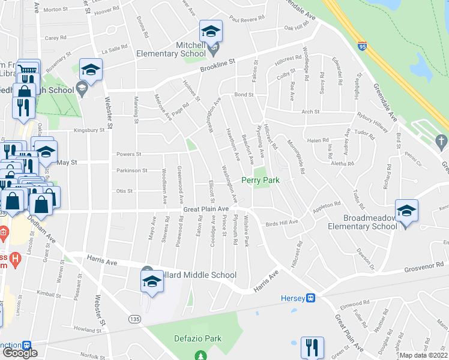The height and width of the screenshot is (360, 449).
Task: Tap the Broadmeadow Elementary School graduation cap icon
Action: (x=406, y=211)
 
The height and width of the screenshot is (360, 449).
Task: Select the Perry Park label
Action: (x=261, y=180)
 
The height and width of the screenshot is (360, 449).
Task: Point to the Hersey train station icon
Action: (x=311, y=298)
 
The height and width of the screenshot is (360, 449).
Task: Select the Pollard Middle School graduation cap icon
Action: (x=152, y=281)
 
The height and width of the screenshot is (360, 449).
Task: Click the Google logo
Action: (x=20, y=353)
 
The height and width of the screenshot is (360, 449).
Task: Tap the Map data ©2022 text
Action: (x=424, y=355)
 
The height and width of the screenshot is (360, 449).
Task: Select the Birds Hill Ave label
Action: (x=282, y=223)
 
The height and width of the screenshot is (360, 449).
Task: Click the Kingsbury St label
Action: (x=89, y=130)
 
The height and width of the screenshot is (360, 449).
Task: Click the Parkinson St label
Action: (x=131, y=170)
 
